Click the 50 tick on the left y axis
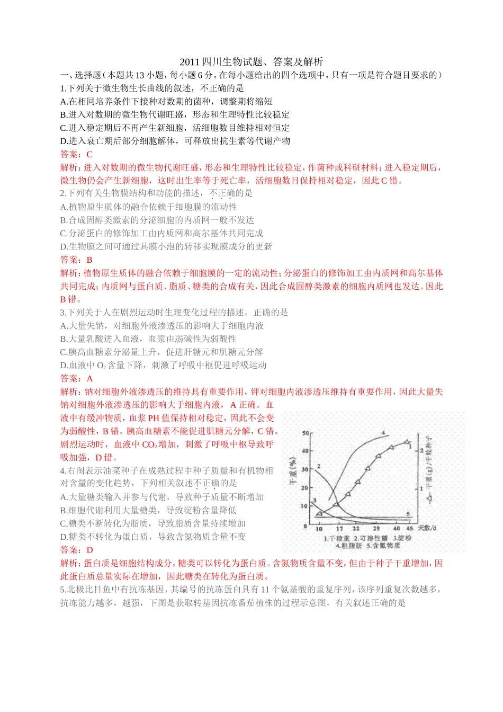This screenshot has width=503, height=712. click(306, 433)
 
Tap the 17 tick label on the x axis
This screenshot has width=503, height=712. click(339, 528)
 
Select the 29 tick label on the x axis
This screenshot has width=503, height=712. click(376, 528)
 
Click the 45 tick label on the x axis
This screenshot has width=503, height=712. click(410, 528)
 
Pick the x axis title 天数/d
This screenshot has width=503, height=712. click(428, 528)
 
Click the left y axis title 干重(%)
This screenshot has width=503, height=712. click(293, 471)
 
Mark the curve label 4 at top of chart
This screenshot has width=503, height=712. click(383, 433)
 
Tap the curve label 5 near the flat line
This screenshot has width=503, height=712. click(408, 514)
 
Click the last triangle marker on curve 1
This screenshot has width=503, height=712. click(407, 442)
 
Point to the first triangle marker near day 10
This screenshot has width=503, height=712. click(319, 512)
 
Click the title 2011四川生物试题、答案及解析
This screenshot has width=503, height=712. click(251, 62)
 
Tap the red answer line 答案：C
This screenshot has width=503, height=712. click(76, 154)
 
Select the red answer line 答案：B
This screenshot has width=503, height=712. click(76, 260)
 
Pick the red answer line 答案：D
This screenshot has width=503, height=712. click(76, 550)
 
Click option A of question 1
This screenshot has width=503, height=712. click(166, 101)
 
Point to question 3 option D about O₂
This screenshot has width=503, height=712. click(163, 365)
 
